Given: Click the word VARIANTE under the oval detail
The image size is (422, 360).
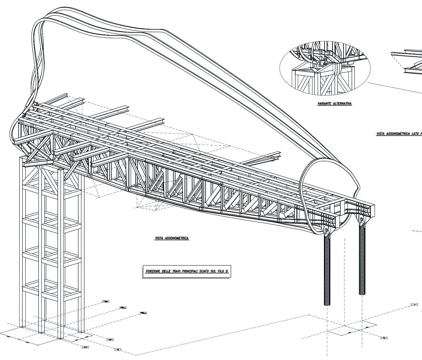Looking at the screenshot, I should click(324, 104).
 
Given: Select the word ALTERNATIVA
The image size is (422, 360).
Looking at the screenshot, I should click(342, 104).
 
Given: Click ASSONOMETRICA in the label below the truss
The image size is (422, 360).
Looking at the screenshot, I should click(177, 238).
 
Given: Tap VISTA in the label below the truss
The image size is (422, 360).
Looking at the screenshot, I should click(159, 238).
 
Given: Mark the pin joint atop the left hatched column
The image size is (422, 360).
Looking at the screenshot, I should click(326, 230).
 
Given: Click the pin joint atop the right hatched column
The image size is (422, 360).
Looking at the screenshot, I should click(361, 221).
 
